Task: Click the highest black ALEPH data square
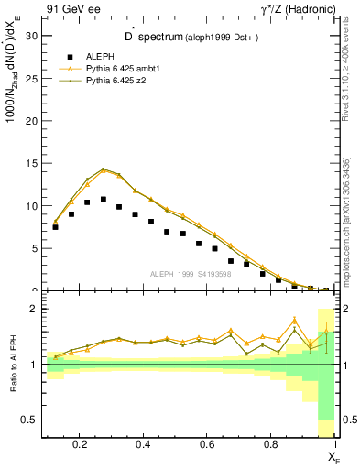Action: point(104,199)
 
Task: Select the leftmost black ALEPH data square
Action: point(55,226)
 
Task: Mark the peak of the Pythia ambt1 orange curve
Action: point(104,170)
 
